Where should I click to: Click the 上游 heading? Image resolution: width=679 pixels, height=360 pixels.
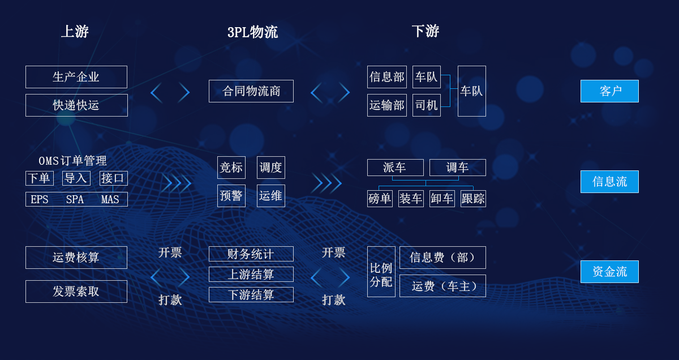pos(75,31)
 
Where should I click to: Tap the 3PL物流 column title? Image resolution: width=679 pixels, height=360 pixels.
pos(252,32)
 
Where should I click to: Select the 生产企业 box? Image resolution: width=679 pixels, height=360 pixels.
pos(76,77)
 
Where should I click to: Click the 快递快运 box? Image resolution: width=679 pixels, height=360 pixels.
pos(77,105)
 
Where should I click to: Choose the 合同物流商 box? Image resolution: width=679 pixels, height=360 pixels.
pos(251,91)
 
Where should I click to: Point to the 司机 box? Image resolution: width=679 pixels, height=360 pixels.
pos(427,105)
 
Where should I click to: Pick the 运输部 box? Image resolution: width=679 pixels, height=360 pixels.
pos(387,105)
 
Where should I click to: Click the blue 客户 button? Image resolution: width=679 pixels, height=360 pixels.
pos(609,91)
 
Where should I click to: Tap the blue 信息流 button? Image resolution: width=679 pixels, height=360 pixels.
pos(609,182)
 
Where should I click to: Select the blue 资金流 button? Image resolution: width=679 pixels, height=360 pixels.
pos(609,272)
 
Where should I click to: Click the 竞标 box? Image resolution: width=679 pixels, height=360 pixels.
pos(231,168)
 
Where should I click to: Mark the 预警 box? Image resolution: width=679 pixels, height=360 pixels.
pos(231,196)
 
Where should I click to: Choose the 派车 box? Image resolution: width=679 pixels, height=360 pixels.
pos(396,168)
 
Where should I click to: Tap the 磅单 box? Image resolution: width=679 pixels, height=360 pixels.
pos(380,199)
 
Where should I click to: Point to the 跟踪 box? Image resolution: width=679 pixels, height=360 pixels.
pos(474,199)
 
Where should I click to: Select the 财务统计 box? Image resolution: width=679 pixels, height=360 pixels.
pos(251,254)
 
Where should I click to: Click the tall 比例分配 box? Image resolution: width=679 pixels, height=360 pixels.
pos(381,272)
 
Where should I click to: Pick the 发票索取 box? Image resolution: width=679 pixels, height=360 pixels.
pos(76,292)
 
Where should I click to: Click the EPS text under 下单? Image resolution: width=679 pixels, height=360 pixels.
pos(40,199)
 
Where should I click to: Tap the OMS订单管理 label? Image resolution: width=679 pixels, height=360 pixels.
pos(73,161)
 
